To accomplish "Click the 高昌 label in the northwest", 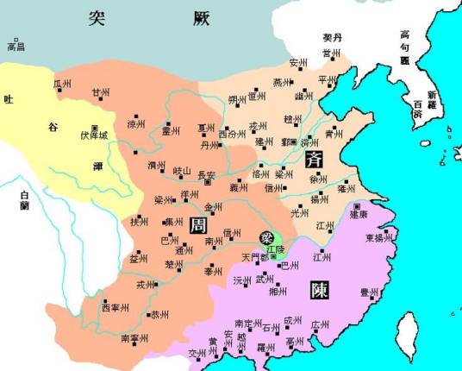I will (x=16, y=47).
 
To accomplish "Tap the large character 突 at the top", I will (x=103, y=19).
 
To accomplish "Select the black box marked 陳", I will (x=320, y=290).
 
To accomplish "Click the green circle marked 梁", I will (x=270, y=236).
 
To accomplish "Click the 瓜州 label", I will (x=62, y=83).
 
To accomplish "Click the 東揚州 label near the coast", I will (x=379, y=239).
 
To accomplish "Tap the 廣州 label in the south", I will (x=320, y=325).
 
